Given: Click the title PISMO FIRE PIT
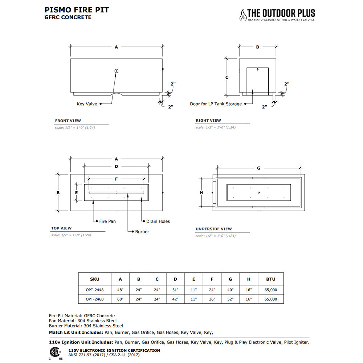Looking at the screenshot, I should tap(77, 10).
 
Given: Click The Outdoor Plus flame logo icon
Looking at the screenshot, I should tap(242, 15).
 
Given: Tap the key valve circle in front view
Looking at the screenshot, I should tap(116, 71).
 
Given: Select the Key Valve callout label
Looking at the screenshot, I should tap(87, 104).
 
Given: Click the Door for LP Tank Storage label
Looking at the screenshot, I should tap(216, 104).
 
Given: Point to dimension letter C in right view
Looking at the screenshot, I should tap(227, 77).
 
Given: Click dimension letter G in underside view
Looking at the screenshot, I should tap(258, 168).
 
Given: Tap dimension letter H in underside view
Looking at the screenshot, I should tap(201, 192).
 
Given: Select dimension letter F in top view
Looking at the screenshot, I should tap(116, 179).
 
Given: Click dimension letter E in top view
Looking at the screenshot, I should tap(76, 193).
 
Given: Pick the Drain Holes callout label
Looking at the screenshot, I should tap(158, 221).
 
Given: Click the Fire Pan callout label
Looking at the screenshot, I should tap(107, 221).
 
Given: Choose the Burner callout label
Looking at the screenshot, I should tap(142, 232).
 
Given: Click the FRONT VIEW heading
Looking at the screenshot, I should tap(68, 121).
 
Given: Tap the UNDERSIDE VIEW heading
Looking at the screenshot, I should tap(213, 229).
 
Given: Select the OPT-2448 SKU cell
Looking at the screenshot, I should tap(94, 290).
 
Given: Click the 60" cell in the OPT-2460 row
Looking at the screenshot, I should tap(121, 299).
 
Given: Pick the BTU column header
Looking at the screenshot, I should tap(271, 279).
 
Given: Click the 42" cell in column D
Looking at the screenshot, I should tap(175, 299).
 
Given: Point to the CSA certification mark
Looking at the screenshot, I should tap(55, 353).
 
